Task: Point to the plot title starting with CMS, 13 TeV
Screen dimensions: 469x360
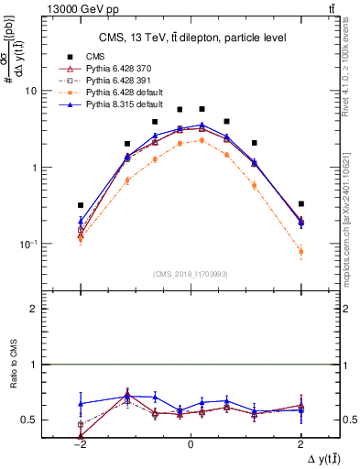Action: tap(191, 38)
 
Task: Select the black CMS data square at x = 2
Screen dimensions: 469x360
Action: tap(300, 203)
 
